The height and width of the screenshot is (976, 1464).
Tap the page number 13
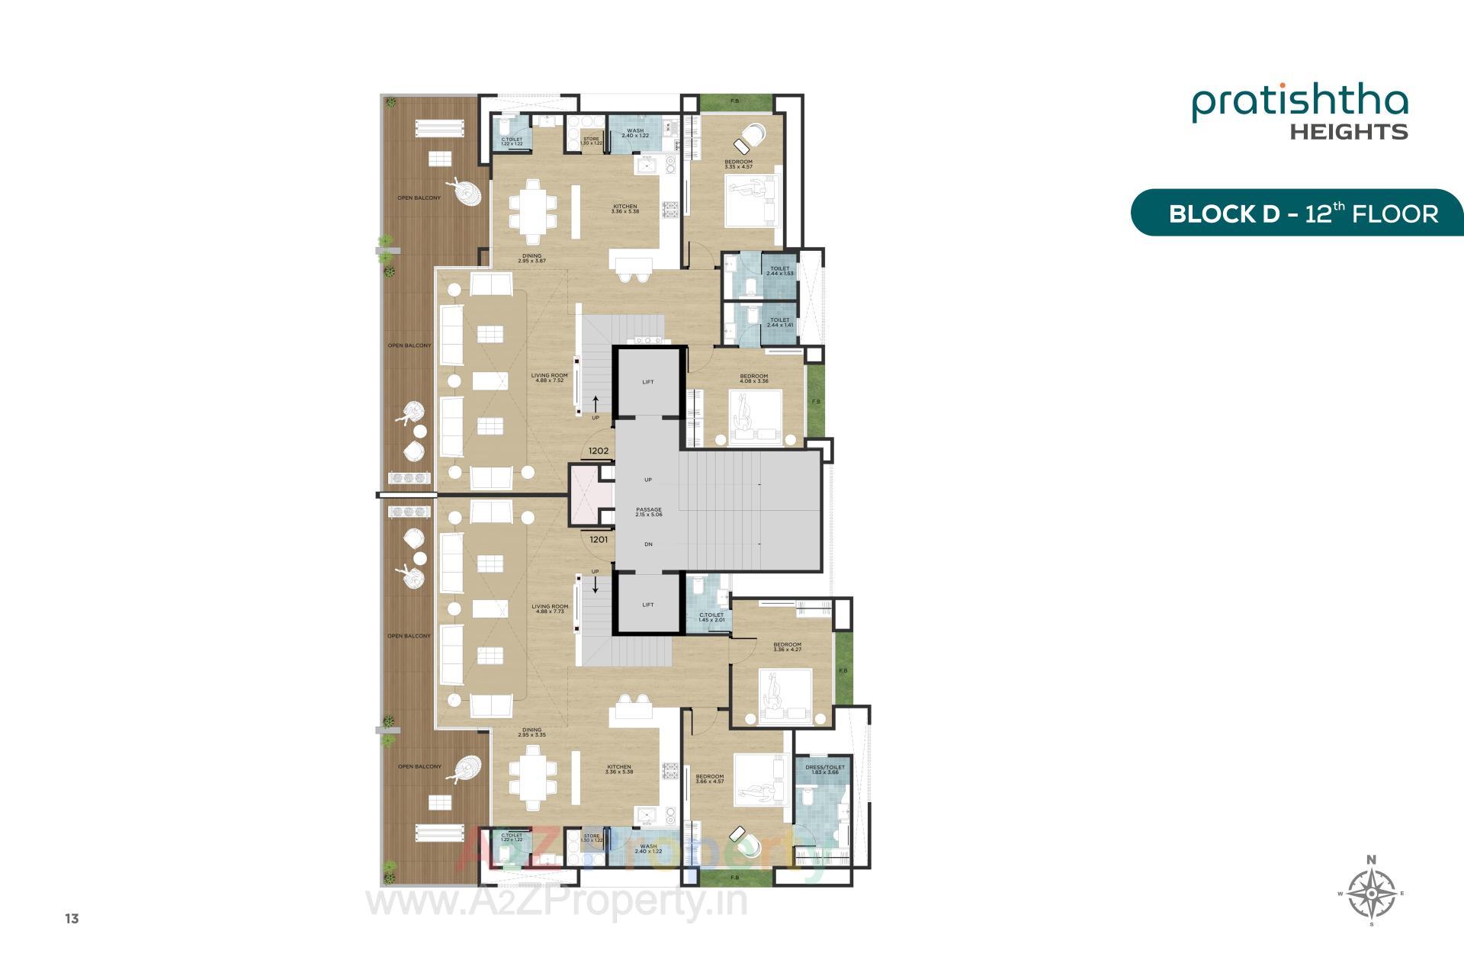coord(72,919)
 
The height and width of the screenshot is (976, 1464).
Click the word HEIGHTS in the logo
coord(1348,132)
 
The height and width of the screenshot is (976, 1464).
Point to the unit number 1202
coord(599,451)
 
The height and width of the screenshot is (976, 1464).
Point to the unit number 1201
coord(599,539)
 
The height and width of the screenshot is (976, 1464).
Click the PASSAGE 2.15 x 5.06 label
coord(648,512)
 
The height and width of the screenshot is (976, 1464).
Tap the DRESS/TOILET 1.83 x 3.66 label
coord(823,770)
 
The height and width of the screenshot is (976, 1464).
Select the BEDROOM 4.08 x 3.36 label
coord(753,378)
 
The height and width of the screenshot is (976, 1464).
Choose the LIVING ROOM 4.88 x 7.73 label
coord(550,609)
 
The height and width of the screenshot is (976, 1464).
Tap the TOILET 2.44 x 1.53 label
coord(779,271)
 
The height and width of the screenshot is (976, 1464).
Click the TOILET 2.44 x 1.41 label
coord(779,323)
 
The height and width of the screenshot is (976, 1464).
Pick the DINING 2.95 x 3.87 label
coord(531,258)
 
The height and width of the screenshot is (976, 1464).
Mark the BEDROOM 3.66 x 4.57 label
coord(709,779)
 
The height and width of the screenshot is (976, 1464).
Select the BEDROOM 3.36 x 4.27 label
coord(787,647)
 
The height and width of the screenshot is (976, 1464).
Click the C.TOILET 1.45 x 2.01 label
coord(711,617)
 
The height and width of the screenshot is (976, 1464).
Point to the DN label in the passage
coord(648,544)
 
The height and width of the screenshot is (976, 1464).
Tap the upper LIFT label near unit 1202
coord(648,382)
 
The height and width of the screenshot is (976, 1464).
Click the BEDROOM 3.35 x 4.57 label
coord(738,164)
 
